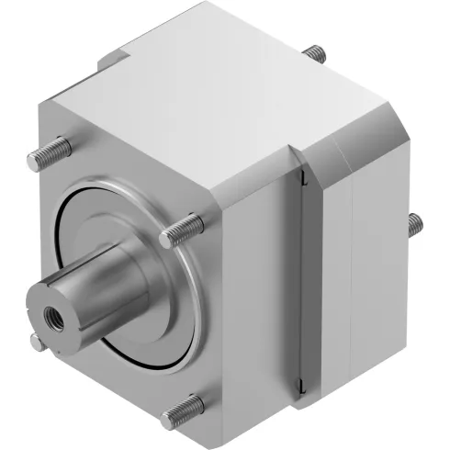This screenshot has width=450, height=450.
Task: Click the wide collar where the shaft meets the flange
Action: click(x=138, y=276)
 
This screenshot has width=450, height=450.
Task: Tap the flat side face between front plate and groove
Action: click(x=257, y=294)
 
